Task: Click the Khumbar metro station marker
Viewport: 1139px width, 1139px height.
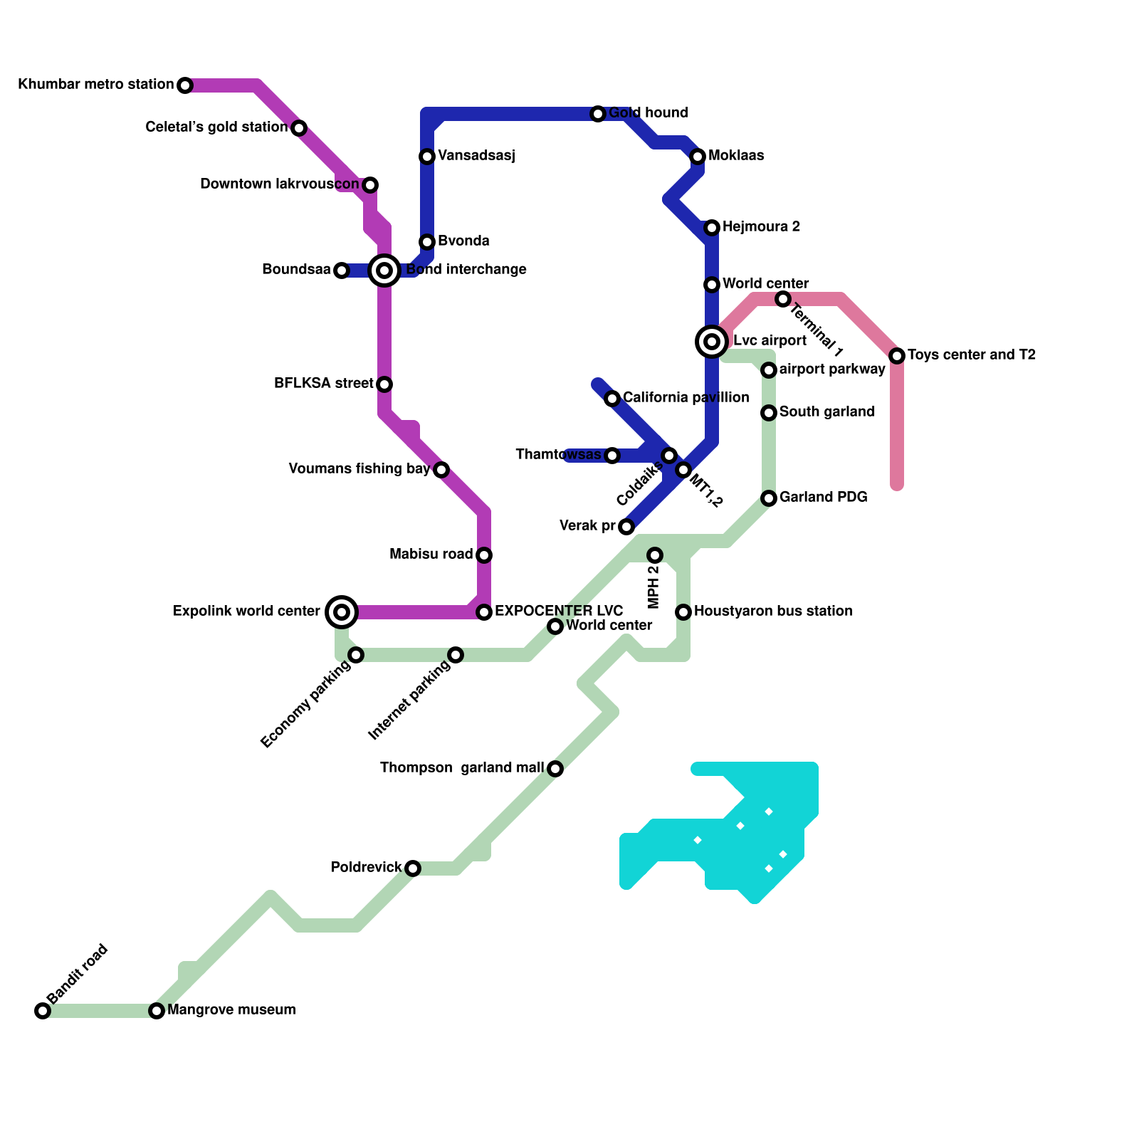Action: coord(185,85)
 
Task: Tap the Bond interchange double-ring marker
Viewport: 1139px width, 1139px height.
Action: coord(384,271)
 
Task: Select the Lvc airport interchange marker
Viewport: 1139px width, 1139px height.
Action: coord(712,342)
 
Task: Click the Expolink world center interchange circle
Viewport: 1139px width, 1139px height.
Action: coord(342,612)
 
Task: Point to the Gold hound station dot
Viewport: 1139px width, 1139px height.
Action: coord(598,114)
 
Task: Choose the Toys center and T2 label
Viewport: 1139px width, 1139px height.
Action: coord(971,355)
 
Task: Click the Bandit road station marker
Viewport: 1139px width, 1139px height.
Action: coord(43,1011)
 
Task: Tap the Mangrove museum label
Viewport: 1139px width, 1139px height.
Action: coord(231,1009)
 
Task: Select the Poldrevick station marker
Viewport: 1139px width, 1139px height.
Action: coord(413,868)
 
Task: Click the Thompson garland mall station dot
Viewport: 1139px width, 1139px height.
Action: coord(555,769)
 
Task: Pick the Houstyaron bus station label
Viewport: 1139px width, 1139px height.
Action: coord(773,611)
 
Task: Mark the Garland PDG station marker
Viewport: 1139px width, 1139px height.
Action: coord(769,498)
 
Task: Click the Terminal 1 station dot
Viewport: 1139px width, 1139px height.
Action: coord(783,299)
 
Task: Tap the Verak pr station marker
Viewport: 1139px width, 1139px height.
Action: coord(626,527)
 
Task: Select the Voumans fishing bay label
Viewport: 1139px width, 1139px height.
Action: coord(359,468)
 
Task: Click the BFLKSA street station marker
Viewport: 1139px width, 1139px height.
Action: coord(384,384)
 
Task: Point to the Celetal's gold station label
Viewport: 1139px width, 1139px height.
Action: coord(216,127)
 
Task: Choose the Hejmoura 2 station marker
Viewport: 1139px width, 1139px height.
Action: coord(712,228)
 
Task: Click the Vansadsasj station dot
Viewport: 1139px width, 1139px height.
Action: coord(427,157)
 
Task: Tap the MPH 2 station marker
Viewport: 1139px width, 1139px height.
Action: coord(655,555)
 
